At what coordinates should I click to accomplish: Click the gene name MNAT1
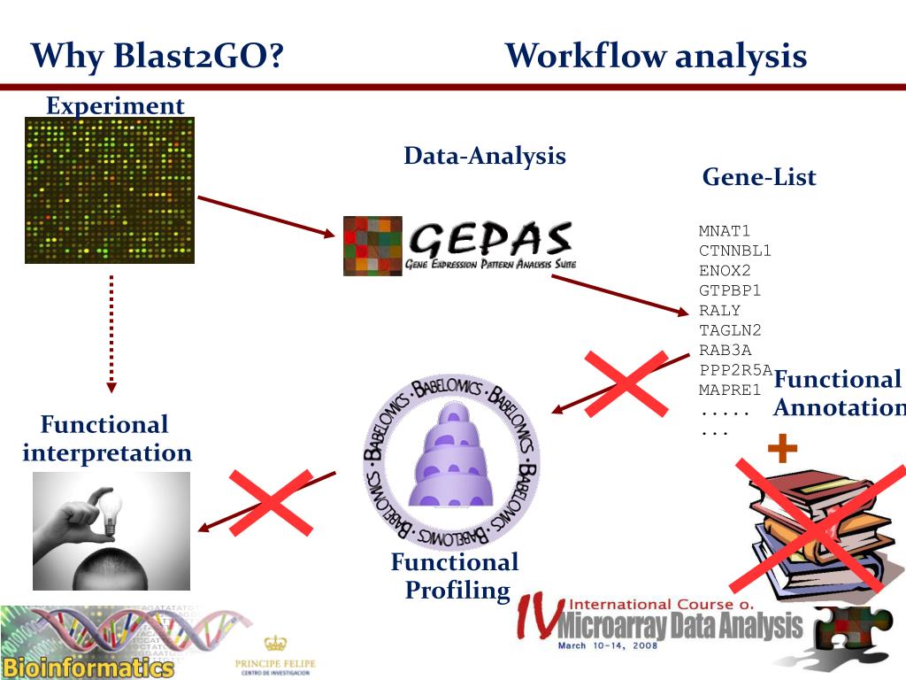[725, 231]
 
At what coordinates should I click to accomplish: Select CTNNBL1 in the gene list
[735, 251]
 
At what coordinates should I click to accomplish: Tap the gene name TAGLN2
[730, 330]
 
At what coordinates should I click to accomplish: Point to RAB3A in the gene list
[725, 350]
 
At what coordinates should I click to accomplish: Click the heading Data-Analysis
[485, 156]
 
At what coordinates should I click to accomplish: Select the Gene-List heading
[759, 177]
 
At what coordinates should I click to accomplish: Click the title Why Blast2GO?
[157, 57]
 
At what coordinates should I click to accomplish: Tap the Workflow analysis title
[656, 57]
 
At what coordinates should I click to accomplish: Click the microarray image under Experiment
[110, 190]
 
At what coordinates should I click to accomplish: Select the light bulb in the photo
[111, 514]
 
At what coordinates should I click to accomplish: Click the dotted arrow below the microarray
[111, 332]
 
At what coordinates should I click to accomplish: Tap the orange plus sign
[782, 450]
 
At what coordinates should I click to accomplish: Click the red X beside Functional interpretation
[271, 502]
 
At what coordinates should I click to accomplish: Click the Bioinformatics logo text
[87, 667]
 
